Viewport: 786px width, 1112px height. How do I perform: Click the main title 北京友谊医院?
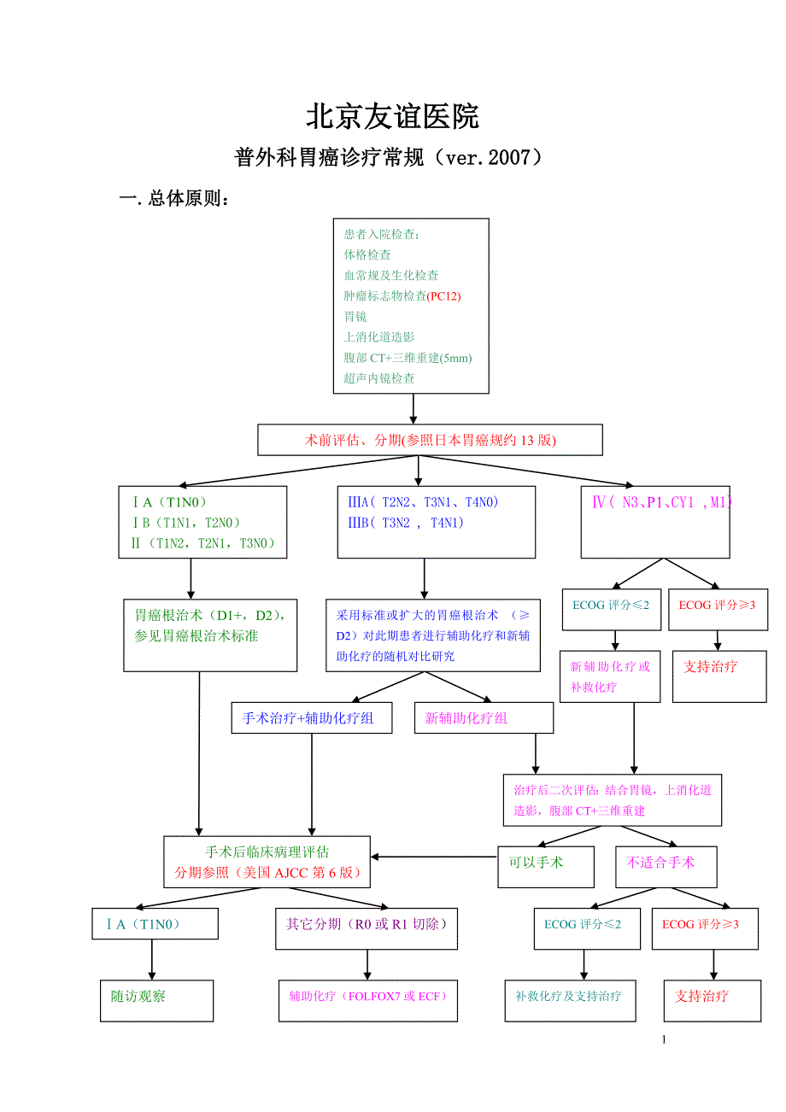392,117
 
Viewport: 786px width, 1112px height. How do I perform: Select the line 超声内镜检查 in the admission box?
379,378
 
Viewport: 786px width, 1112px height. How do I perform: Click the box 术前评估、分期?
430,441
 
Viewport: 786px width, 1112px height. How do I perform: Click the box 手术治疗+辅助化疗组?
312,718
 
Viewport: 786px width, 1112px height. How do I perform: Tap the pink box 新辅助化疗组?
483,718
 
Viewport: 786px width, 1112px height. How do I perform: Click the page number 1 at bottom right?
664,1039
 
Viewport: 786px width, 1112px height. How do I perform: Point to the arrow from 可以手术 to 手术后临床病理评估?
434,857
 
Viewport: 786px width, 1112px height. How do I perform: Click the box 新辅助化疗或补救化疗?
610,676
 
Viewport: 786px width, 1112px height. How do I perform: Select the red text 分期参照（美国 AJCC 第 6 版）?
267,873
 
